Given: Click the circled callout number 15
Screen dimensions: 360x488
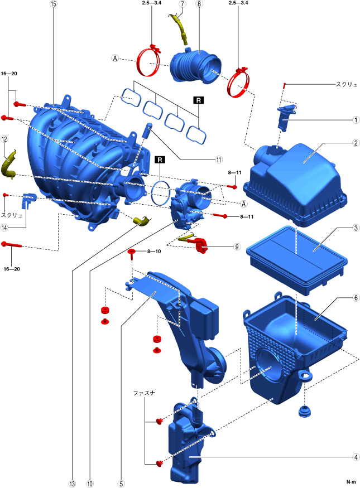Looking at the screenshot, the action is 53,4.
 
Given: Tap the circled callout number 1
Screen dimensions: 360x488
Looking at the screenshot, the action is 356,120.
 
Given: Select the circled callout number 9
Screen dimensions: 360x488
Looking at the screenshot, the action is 237,247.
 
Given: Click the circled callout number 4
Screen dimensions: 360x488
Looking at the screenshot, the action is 356,457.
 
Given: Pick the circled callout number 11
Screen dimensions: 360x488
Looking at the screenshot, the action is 219,160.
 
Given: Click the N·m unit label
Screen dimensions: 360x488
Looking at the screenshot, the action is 351,482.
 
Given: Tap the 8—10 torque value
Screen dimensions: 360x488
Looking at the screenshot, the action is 154,251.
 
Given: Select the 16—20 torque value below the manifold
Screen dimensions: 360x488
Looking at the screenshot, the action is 12,269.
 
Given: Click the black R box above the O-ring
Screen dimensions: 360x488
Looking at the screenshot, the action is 160,160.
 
